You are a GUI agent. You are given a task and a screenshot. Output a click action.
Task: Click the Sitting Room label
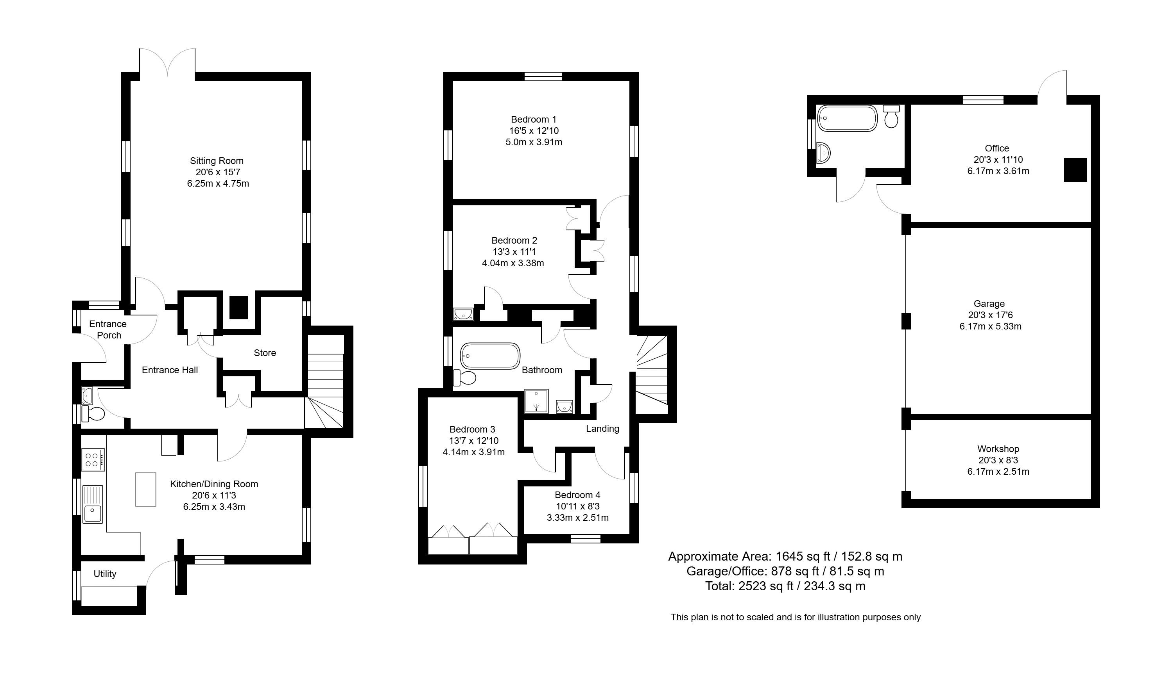[x=217, y=161]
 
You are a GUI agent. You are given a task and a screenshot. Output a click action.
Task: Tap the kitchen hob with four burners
[x=93, y=459]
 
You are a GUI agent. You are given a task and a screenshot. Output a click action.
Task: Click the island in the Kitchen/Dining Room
[x=145, y=489]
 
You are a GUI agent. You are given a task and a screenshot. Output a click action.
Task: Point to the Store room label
[x=265, y=353]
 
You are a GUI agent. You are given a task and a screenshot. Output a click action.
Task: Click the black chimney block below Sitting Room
[x=239, y=307]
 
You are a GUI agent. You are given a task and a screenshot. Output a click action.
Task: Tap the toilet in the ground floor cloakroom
[x=93, y=414]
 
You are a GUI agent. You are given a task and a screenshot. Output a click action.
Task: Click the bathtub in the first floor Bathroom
[x=490, y=356]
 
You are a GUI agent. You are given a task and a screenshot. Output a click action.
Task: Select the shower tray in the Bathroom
[x=536, y=401]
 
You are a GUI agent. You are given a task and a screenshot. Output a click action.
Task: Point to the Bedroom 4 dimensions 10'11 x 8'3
[x=577, y=506]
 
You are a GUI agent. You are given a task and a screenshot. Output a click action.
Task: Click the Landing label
[x=602, y=429]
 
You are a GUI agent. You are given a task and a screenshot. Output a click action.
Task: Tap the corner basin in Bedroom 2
[x=463, y=314]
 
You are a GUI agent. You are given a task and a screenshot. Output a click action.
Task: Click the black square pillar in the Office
[x=1075, y=170]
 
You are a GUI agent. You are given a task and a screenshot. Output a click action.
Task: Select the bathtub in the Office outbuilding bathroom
[x=847, y=118]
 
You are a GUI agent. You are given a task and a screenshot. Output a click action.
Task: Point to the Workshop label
[x=998, y=449]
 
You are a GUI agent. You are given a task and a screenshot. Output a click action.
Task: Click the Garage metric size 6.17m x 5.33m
[x=990, y=326]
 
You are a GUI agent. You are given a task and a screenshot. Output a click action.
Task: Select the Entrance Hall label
[x=170, y=370]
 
